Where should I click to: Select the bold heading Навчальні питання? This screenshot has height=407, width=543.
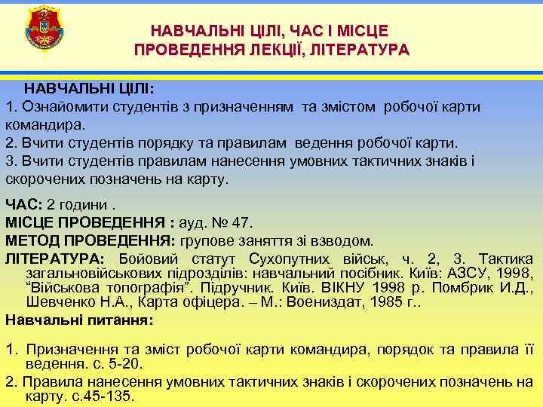(x=79, y=320)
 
